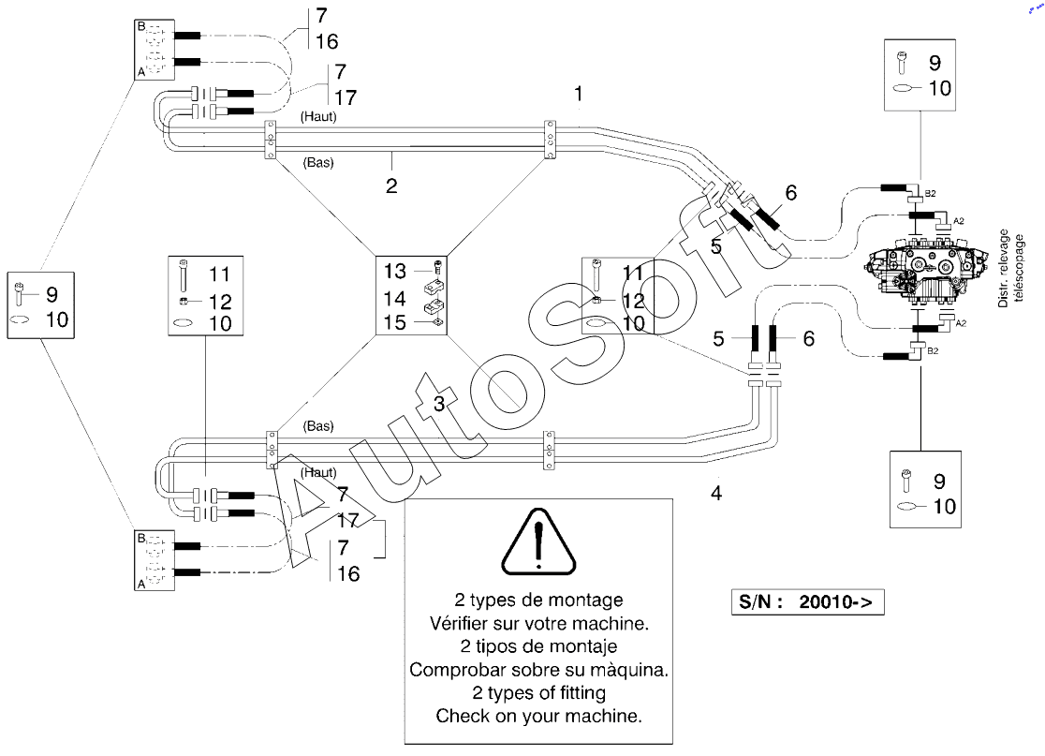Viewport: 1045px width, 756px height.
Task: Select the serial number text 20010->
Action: pos(836,602)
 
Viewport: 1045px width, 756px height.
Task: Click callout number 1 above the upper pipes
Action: pos(579,94)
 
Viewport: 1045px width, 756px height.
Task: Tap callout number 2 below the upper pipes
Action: pos(391,185)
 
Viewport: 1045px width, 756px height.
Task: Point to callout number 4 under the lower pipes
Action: pos(716,494)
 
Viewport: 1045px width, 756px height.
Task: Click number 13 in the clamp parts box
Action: pos(394,272)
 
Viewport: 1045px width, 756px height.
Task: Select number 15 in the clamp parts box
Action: pos(394,322)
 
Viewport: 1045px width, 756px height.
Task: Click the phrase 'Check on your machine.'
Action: pos(538,716)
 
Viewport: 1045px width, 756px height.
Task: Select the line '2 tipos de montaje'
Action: pos(538,646)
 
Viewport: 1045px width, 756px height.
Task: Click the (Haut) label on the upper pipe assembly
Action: pos(318,117)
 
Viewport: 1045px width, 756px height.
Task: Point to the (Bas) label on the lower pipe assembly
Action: pos(317,426)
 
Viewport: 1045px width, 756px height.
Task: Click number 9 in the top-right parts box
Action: pos(935,63)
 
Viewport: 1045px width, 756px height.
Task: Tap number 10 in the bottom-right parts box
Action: pos(945,507)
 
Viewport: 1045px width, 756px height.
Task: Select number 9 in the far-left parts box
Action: pos(52,294)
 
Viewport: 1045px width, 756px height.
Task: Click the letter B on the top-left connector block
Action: pos(140,26)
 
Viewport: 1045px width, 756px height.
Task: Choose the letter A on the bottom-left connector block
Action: pos(140,585)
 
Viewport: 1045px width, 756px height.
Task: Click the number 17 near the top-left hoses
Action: pos(346,98)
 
